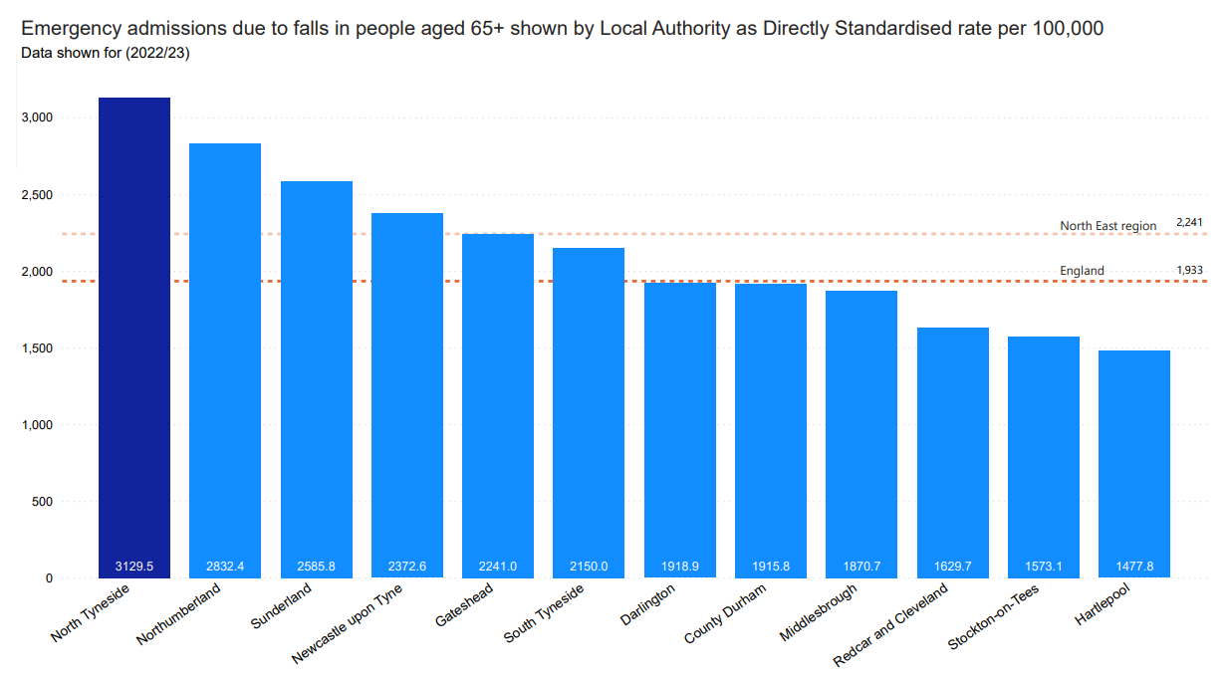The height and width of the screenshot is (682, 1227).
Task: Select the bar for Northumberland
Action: (225, 358)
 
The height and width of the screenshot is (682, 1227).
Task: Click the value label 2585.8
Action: (316, 567)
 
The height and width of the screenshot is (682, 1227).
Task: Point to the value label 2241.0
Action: (498, 567)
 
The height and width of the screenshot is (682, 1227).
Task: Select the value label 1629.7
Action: (953, 567)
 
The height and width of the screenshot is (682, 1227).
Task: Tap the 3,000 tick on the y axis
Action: (37, 118)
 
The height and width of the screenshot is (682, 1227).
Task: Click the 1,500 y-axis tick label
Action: (37, 348)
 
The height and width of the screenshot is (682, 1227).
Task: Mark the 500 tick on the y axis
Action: (42, 502)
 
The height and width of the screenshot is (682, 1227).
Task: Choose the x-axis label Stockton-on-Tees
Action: (993, 618)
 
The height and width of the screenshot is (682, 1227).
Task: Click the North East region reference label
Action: (1107, 226)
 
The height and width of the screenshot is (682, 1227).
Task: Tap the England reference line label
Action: (1082, 271)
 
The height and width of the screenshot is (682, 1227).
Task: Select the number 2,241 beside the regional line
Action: (1189, 222)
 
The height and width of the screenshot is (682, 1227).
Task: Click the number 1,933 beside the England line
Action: (1189, 270)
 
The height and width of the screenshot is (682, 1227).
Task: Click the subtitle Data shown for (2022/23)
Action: (106, 53)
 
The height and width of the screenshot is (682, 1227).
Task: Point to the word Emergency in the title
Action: (70, 28)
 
